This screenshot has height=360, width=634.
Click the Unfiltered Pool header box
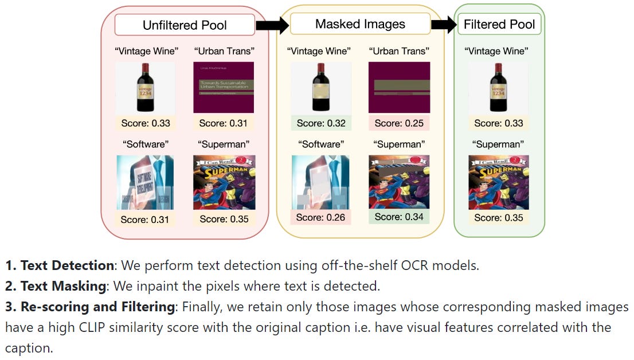185,25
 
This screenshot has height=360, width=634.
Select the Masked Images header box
360,24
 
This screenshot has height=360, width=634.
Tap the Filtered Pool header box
499,24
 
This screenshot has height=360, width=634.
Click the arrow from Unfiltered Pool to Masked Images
272,25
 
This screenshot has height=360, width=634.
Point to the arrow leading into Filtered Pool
443,25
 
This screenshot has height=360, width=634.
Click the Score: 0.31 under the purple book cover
224,123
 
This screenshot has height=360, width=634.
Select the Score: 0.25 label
399,123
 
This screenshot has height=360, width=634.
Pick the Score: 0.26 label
321,217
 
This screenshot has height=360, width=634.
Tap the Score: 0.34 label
399,217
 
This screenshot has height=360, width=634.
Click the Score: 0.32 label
321,123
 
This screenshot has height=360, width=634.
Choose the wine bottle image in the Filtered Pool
499,88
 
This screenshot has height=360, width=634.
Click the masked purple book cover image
399,88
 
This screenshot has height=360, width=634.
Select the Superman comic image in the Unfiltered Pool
224,182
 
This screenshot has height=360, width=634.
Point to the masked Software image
321,182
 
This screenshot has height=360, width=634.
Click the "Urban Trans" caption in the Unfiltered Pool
224,52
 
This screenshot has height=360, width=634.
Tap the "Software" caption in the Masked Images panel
321,144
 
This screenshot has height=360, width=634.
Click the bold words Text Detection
67,266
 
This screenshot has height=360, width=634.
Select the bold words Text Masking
63,286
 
